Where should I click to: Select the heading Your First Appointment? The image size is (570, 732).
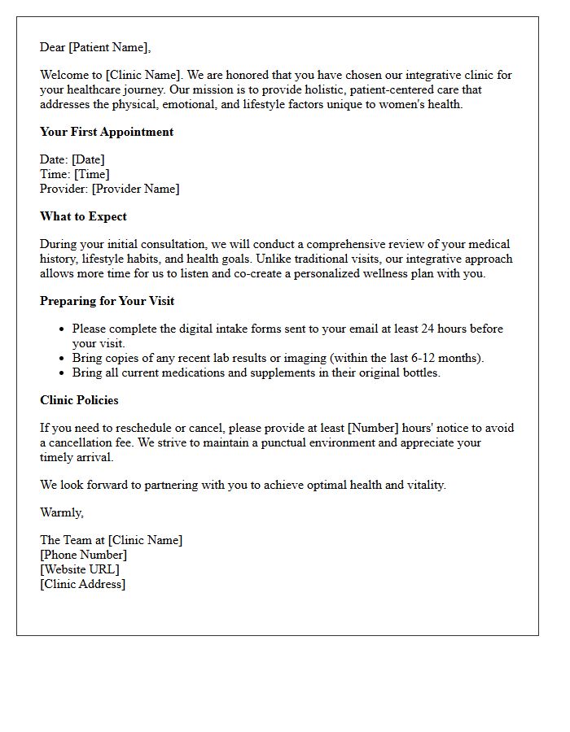tap(107, 132)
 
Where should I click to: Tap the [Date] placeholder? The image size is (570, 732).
tap(89, 159)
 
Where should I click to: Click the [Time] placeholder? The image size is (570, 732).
tap(91, 174)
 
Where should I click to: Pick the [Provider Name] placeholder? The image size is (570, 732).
tap(135, 189)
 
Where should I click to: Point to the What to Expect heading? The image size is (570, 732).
tap(83, 216)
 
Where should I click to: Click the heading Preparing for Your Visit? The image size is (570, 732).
tap(107, 301)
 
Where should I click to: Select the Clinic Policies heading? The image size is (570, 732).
tap(79, 400)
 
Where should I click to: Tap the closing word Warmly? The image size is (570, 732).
tap(61, 512)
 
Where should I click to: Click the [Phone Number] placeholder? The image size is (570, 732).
tap(83, 555)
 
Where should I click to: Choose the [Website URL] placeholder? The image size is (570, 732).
tap(79, 569)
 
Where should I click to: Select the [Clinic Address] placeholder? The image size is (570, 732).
tap(82, 584)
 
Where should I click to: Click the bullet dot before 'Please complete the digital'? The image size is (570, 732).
tap(62, 329)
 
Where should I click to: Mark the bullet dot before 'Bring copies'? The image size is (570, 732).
tap(62, 359)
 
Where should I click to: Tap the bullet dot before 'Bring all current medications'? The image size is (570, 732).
tap(62, 373)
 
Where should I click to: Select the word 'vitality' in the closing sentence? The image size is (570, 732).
tap(423, 485)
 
